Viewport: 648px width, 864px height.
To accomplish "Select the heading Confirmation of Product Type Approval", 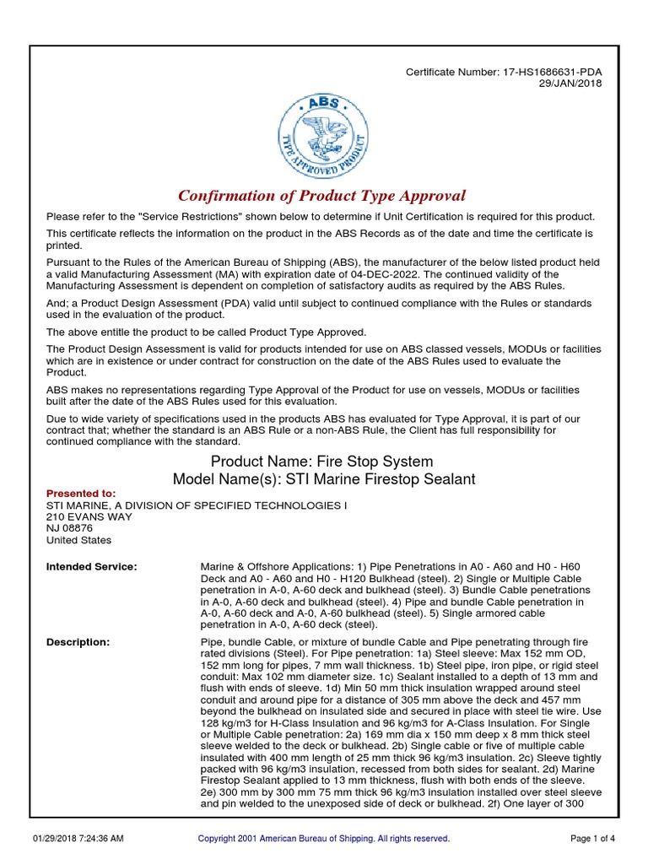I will pyautogui.click(x=323, y=197).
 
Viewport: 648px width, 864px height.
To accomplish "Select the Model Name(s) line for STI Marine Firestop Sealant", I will pyautogui.click(x=324, y=479).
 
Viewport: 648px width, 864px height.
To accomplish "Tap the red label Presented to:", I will pyautogui.click(x=81, y=494).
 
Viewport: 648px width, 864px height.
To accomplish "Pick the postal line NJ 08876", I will pyautogui.click(x=70, y=528).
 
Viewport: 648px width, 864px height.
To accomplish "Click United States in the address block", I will pyautogui.click(x=78, y=540).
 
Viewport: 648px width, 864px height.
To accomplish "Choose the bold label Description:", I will pyautogui.click(x=78, y=642).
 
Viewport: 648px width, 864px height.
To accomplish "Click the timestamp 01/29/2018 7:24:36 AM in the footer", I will pyautogui.click(x=78, y=839).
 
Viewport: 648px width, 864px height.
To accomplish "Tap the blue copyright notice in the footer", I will pyautogui.click(x=323, y=839).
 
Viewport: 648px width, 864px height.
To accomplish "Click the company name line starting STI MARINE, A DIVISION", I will pyautogui.click(x=196, y=505).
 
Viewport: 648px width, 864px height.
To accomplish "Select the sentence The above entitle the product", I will pyautogui.click(x=206, y=332).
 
